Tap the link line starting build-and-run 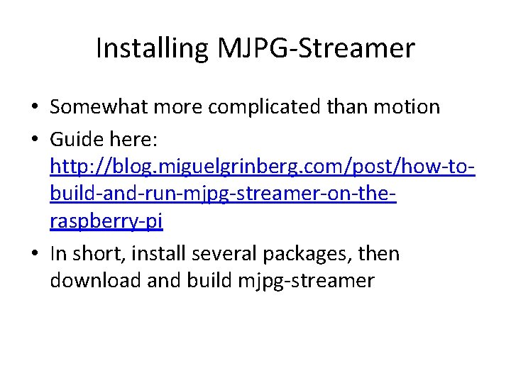(x=223, y=194)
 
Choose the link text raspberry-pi (x=106, y=222)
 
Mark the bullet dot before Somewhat (x=35, y=108)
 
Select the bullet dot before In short (x=35, y=254)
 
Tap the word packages (x=308, y=253)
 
